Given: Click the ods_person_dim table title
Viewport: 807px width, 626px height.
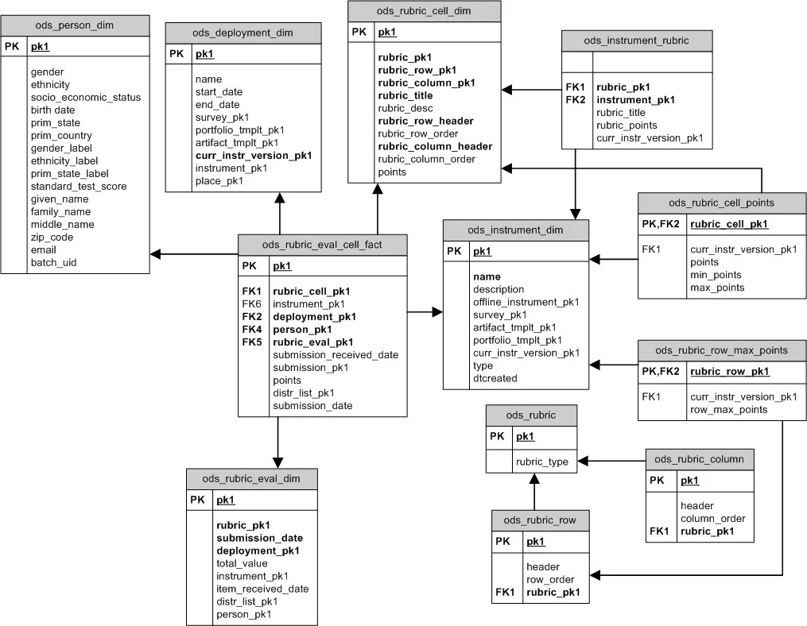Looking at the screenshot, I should (75, 25).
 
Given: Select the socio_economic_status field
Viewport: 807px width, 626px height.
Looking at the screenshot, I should (86, 97).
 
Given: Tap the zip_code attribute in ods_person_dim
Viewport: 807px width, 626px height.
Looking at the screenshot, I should (52, 237).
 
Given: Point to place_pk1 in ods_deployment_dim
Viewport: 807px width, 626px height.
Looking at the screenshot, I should (219, 181).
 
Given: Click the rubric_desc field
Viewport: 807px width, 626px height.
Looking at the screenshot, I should (405, 108).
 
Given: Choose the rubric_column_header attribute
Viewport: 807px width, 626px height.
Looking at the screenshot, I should (435, 146).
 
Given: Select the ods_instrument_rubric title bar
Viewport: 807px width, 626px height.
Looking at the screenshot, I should (636, 40).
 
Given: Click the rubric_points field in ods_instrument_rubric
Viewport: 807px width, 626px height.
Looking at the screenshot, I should (627, 126).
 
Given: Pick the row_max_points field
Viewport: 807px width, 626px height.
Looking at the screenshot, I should (728, 409).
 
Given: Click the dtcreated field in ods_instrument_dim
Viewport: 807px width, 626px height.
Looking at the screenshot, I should (495, 378).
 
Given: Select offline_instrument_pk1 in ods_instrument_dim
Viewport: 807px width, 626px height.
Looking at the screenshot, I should (526, 302).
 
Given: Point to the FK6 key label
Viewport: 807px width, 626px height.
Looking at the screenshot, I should (251, 304).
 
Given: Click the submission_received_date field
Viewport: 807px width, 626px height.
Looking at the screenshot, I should (336, 355).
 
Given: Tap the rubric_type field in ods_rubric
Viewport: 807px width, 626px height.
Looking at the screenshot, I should (542, 461).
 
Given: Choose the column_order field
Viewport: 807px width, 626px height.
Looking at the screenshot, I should (712, 518).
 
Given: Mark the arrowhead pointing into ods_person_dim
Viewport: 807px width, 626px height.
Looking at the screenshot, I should (156, 254).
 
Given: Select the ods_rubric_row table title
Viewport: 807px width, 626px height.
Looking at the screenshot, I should (541, 520).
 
